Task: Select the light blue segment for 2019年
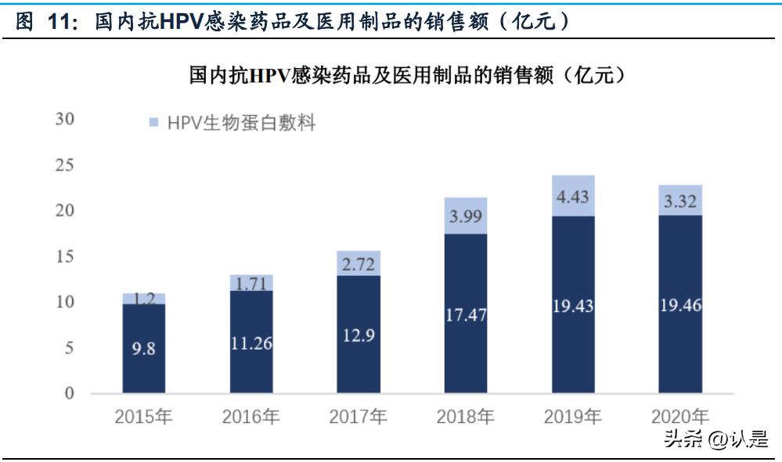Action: point(573,195)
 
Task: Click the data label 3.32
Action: point(680,202)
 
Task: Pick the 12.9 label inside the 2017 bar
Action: point(359,335)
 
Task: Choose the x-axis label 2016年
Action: point(250,417)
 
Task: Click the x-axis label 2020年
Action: point(680,417)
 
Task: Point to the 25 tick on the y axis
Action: point(64,165)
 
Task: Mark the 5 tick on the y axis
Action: point(69,348)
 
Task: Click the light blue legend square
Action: point(153,122)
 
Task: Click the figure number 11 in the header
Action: point(59,23)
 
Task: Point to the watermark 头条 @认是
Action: point(715,440)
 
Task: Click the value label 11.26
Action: point(250,342)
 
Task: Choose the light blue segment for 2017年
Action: point(359,263)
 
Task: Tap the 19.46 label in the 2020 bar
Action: point(680,306)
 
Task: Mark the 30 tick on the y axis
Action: point(64,120)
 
